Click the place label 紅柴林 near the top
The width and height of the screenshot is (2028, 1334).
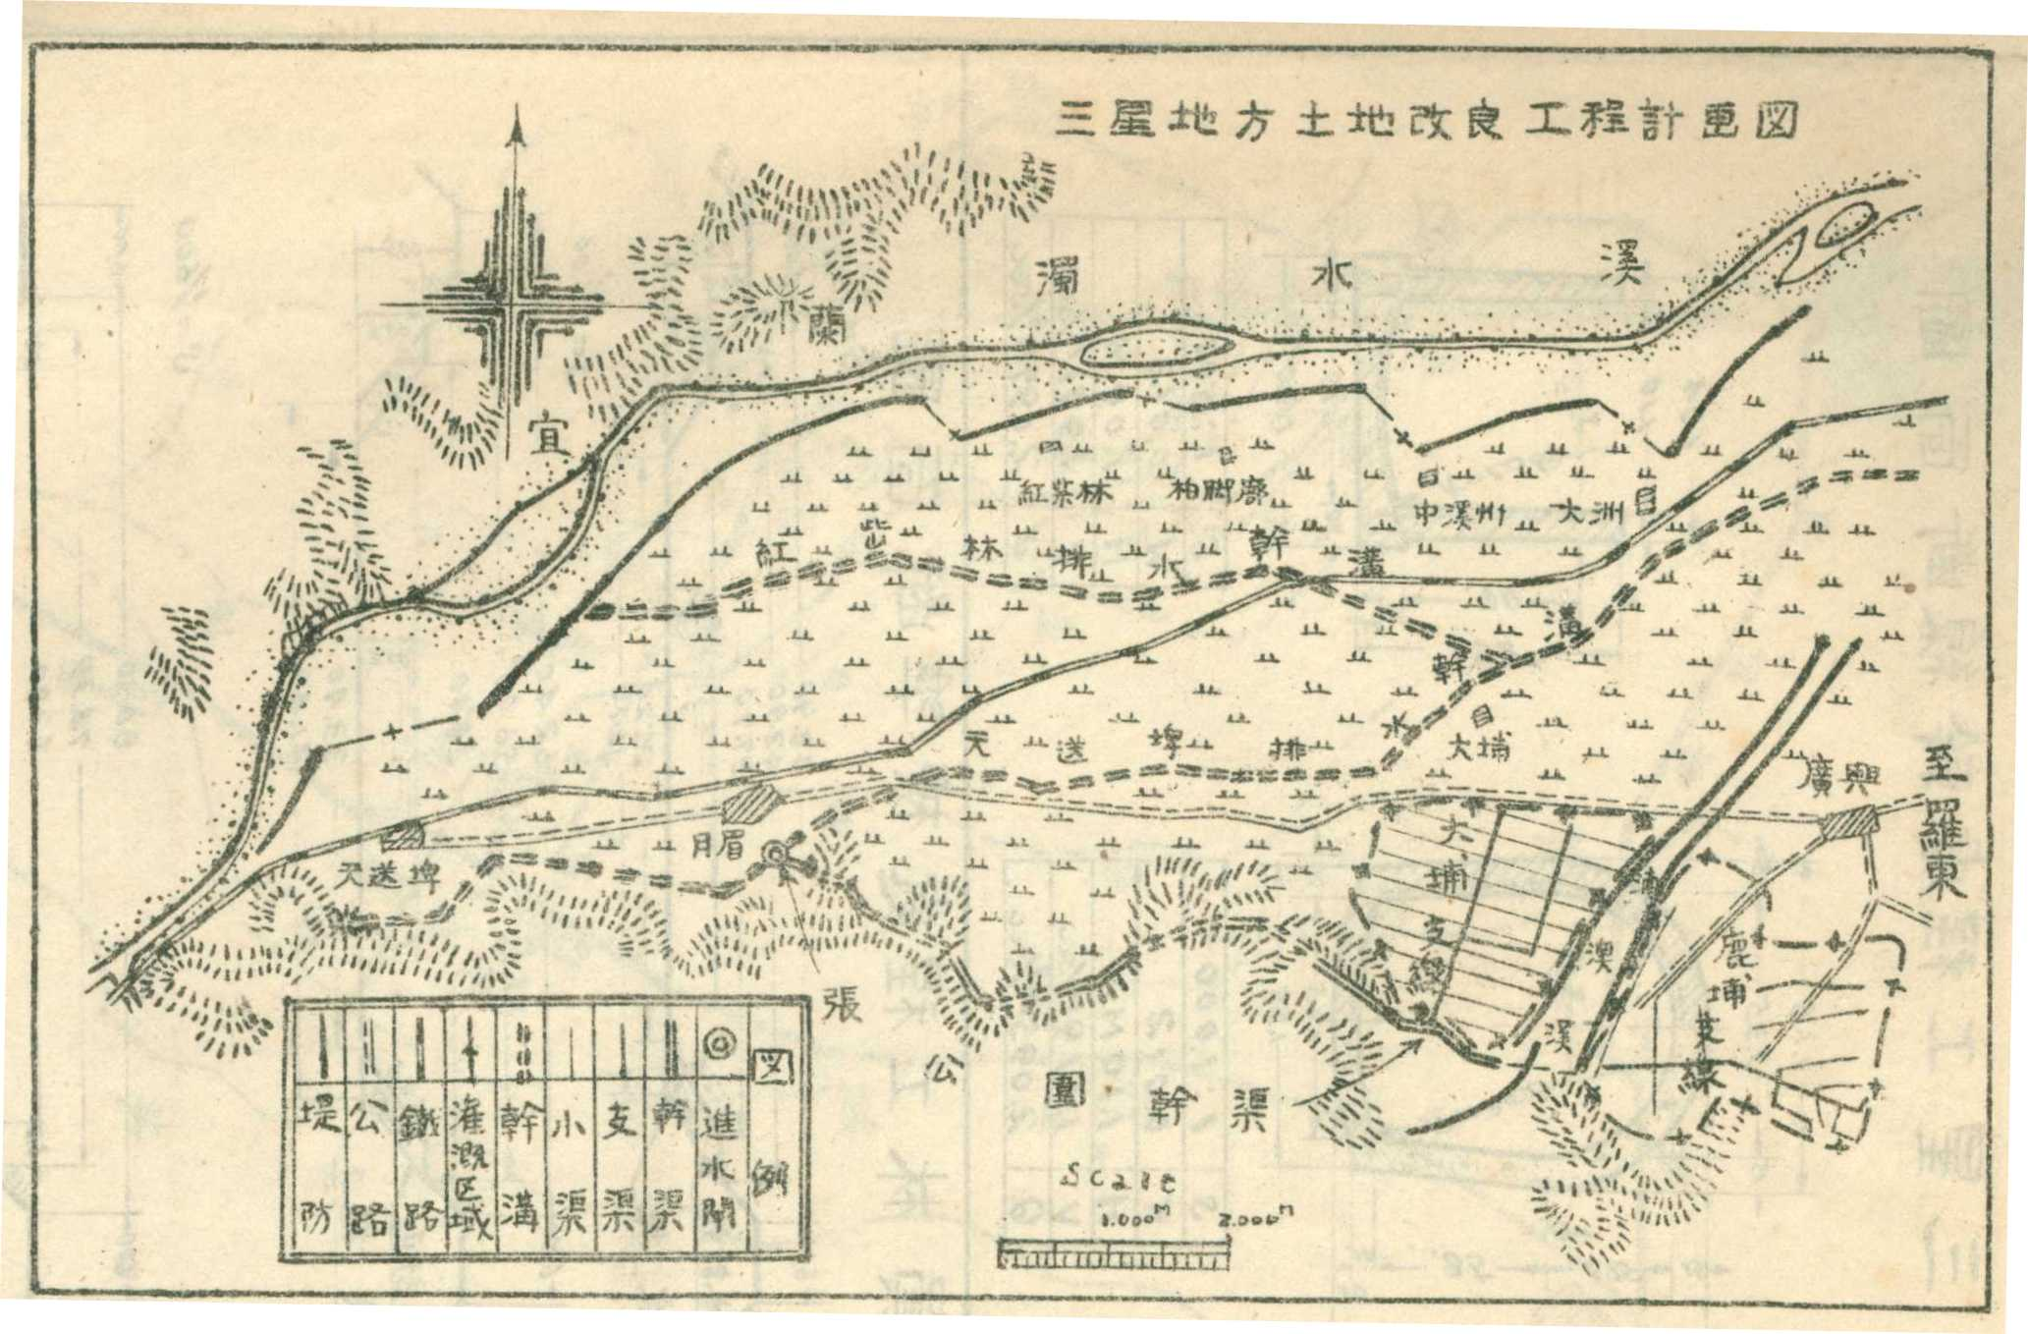point(1066,491)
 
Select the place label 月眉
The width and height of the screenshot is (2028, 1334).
point(713,843)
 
